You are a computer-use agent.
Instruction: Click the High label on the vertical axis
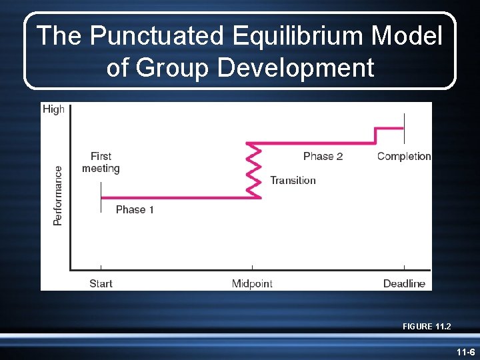[53, 109]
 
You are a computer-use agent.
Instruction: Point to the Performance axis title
[58, 195]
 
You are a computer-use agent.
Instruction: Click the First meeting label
[101, 162]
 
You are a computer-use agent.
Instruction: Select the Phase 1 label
[135, 209]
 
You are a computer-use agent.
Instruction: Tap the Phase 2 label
[323, 156]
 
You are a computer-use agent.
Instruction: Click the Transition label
[293, 180]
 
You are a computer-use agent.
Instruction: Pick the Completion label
[404, 156]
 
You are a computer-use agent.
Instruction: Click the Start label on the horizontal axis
[101, 283]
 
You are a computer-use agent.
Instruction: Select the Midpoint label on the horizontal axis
[252, 283]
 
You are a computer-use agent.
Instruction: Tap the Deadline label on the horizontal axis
[404, 283]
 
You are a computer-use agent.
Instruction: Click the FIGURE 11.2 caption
[427, 326]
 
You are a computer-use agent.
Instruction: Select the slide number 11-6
[465, 351]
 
